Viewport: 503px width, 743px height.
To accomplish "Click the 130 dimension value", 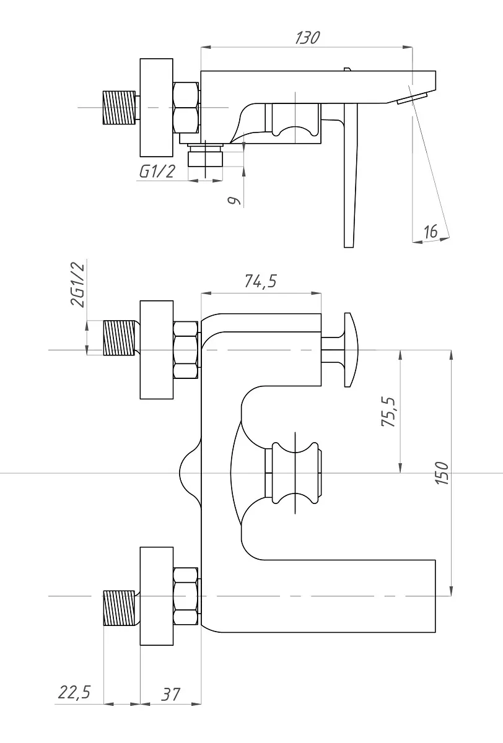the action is click(x=308, y=38).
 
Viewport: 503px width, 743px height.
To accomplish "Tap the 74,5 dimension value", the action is click(x=260, y=281).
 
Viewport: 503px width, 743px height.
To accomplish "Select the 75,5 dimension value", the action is click(x=388, y=412).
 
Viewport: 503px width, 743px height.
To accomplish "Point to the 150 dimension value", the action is click(x=442, y=473).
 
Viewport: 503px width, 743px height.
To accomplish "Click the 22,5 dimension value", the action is click(x=74, y=692).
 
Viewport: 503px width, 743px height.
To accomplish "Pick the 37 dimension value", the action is click(x=170, y=694).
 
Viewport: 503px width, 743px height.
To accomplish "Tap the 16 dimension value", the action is click(x=431, y=231).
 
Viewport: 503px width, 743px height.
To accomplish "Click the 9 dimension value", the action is click(x=234, y=201).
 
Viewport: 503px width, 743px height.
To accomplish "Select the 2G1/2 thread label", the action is click(x=78, y=285).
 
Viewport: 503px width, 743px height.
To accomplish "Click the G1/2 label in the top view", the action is click(x=157, y=172).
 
